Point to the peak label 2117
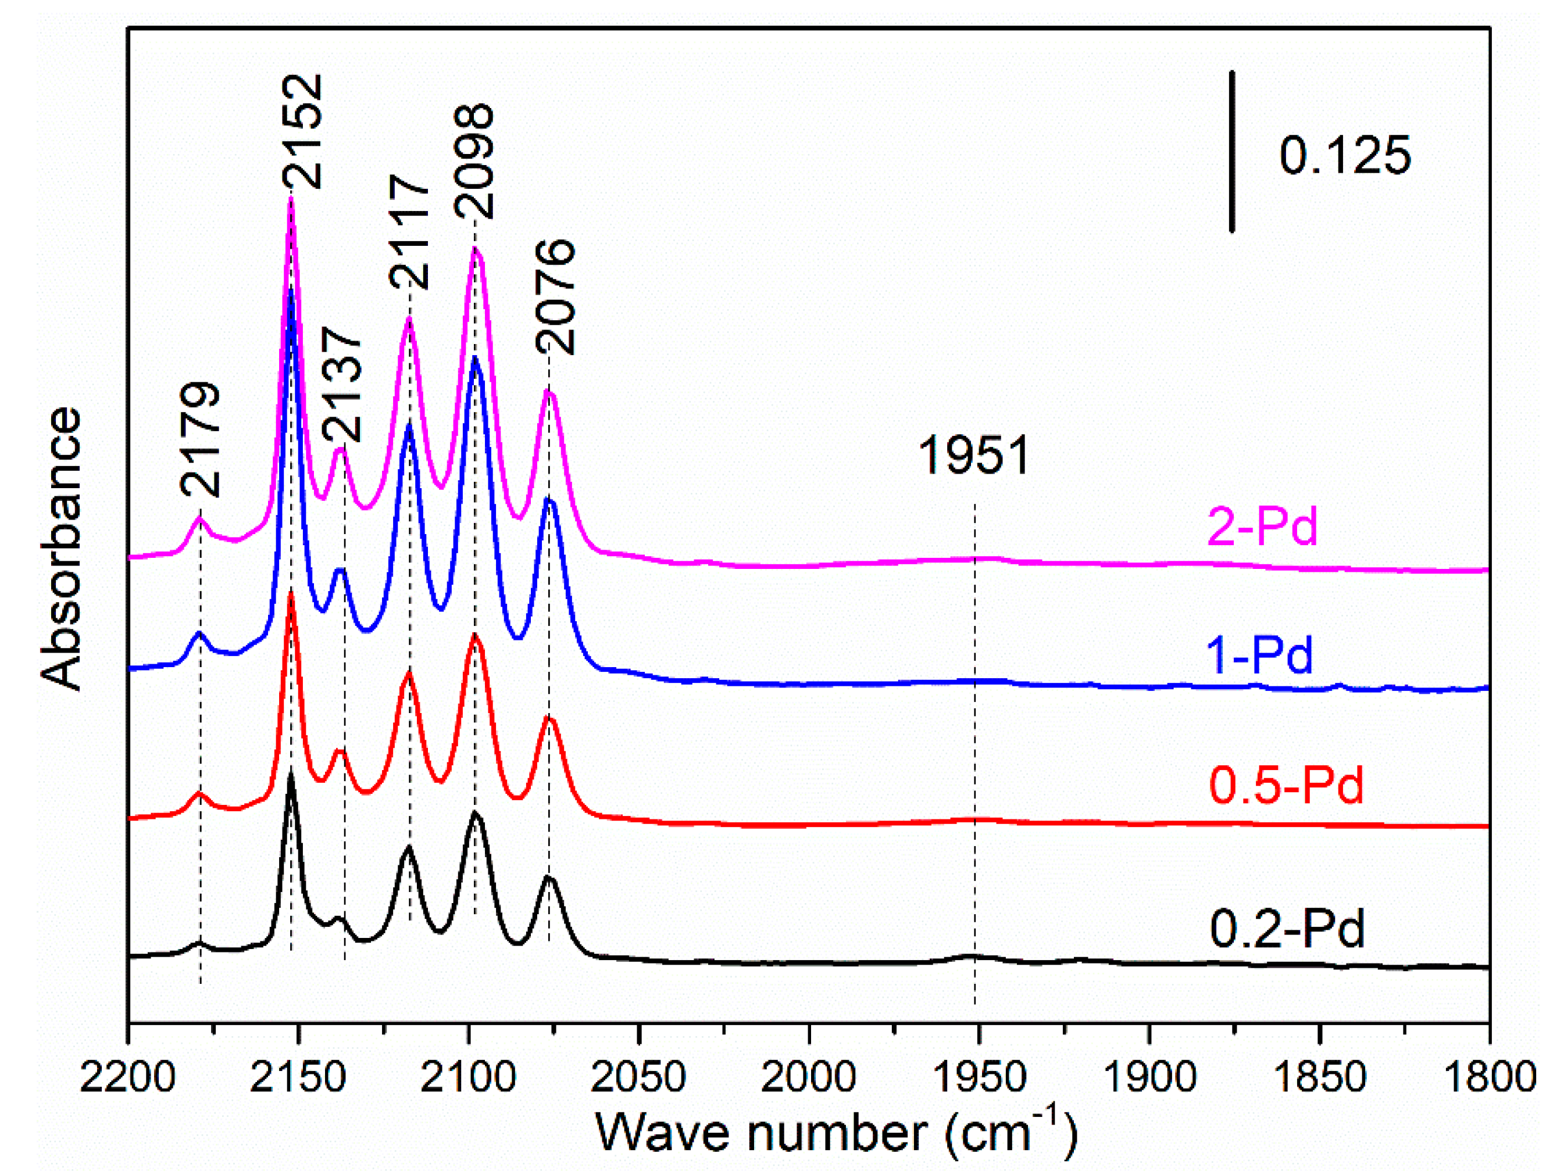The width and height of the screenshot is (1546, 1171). pos(409,231)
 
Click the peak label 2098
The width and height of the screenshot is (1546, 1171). pos(474,162)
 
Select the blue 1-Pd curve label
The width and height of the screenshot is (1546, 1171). pos(1259,656)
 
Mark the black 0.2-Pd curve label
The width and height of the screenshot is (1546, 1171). pos(1287,929)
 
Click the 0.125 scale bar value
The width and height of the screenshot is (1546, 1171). pos(1345,155)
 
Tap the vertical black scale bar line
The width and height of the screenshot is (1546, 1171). pos(1232,150)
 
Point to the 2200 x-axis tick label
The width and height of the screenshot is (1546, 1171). pos(127,1077)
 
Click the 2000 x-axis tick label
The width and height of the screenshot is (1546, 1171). pos(809,1077)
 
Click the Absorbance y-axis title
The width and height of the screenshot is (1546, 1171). pos(62,549)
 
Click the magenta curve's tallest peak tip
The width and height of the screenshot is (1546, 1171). pos(291,199)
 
